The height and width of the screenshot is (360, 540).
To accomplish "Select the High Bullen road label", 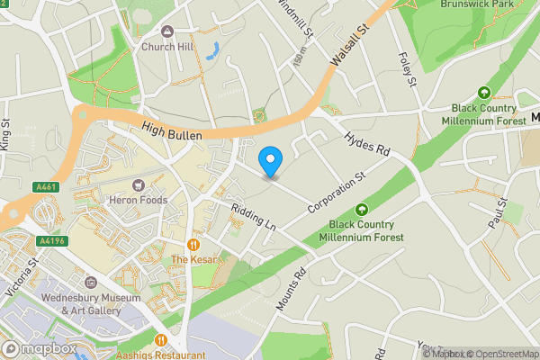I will [171, 133].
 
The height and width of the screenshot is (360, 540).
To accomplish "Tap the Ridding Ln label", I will [252, 218].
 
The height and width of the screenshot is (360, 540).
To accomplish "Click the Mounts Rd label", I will [292, 289].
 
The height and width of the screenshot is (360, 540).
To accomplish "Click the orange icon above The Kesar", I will [193, 245].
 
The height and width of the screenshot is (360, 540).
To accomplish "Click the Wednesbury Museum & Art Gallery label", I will [90, 304].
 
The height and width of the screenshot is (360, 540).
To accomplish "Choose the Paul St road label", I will [497, 213].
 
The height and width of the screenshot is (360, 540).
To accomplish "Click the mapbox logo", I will [39, 348].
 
